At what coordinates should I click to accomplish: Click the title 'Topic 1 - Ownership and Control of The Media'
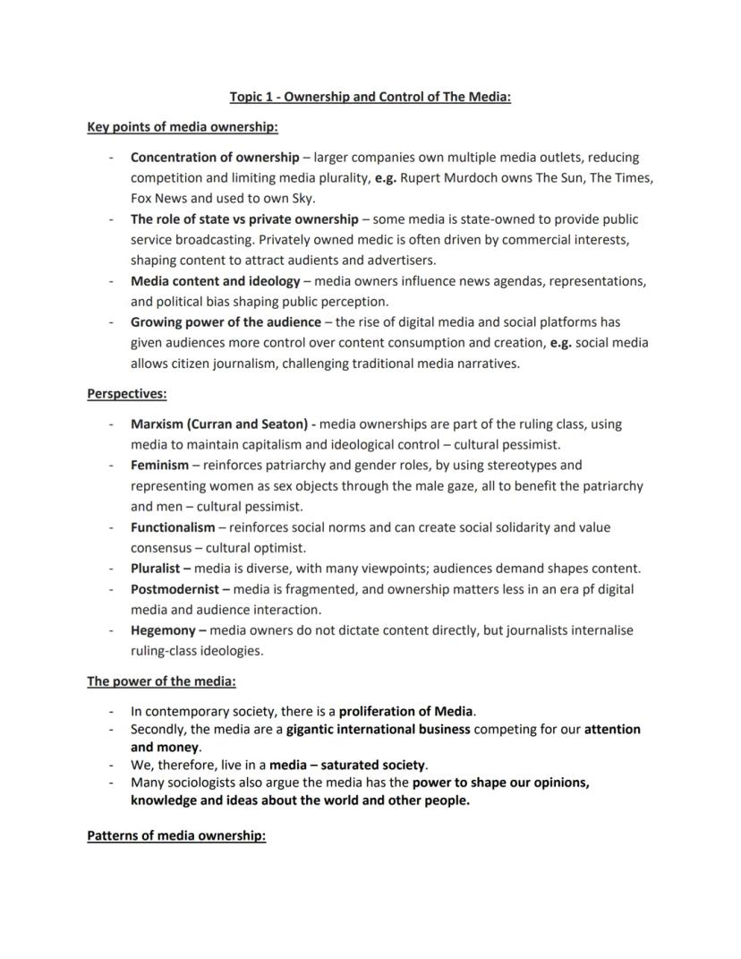coord(370,96)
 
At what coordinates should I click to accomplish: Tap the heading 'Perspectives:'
coord(126,393)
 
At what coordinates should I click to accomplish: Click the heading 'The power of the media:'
coord(161,681)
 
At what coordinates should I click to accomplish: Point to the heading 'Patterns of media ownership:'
coord(176,836)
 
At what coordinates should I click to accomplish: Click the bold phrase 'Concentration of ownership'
coord(215,158)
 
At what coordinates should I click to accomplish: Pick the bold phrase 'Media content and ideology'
coord(215,281)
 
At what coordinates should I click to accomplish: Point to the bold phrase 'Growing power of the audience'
coord(226,321)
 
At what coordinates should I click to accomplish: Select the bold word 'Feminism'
coord(159,466)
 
